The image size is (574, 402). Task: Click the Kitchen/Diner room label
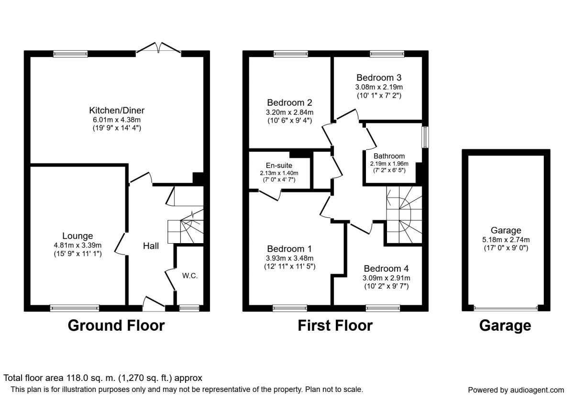[x=117, y=111]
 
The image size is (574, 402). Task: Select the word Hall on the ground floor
[x=151, y=246]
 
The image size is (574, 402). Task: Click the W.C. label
[x=190, y=276]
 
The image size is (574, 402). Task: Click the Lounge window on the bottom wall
[x=75, y=308]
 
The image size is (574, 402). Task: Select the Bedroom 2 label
[x=289, y=102]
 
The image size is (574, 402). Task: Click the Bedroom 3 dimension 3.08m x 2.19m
[x=378, y=87]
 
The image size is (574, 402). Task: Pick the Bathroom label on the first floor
[x=389, y=156]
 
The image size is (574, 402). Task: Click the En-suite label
[x=279, y=166]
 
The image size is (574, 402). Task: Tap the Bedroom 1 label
[x=289, y=249]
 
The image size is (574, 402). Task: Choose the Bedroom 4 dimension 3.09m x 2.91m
[x=386, y=278]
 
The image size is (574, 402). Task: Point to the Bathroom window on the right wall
[x=424, y=137]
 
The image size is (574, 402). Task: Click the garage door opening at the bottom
[x=506, y=308]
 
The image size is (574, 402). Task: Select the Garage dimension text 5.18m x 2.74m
[x=506, y=240]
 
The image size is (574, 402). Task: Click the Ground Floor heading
[x=116, y=325]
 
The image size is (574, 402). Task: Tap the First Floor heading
[x=335, y=325]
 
